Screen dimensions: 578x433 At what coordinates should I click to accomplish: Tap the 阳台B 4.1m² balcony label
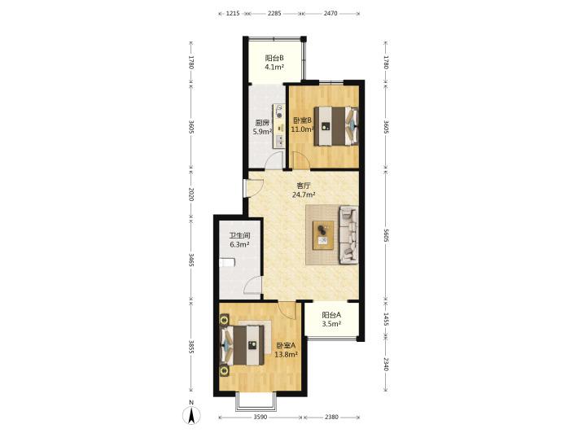[274, 63]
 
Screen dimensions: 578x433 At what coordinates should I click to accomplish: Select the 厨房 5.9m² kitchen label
[262, 127]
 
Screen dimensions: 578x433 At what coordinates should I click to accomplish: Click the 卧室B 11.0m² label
[302, 125]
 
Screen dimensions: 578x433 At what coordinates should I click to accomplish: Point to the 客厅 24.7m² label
[304, 190]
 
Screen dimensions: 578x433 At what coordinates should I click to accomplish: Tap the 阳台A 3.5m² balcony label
[331, 320]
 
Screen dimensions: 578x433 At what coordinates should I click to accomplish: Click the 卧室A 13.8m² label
[287, 350]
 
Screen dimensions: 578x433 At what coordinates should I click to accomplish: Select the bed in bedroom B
[336, 126]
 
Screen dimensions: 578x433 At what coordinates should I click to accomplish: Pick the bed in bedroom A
[242, 345]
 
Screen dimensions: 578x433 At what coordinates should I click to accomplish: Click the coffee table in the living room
[323, 235]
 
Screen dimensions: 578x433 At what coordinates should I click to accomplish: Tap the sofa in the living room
[348, 234]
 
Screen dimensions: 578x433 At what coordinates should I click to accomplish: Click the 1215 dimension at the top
[233, 14]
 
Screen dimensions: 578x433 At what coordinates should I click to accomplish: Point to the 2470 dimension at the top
[331, 14]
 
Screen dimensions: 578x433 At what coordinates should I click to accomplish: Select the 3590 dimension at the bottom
[261, 418]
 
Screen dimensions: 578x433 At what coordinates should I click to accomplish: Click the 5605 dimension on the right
[386, 234]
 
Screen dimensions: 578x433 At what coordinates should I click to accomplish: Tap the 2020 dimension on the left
[191, 194]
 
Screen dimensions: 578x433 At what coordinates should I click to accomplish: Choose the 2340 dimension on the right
[386, 364]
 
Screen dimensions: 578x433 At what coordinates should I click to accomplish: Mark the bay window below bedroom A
[256, 402]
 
